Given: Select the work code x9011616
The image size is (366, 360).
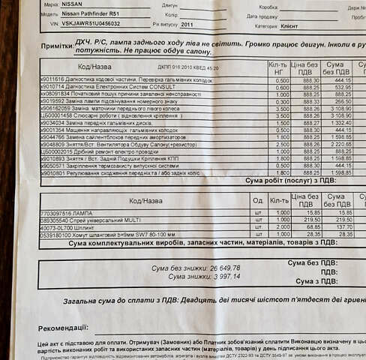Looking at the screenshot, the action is pyautogui.click(x=52, y=80).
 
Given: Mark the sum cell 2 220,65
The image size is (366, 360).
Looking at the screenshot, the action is pyautogui.click(x=340, y=144).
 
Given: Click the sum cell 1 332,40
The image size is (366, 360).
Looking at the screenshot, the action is pyautogui.click(x=340, y=122).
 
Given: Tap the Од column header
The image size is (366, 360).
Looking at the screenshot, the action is pyautogui.click(x=257, y=201).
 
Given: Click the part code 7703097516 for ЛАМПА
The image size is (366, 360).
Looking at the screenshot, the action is pyautogui.click(x=55, y=213).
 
